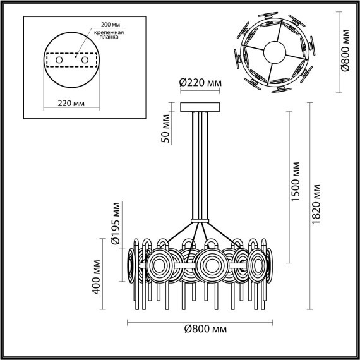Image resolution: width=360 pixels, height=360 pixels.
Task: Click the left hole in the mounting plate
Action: (59, 60)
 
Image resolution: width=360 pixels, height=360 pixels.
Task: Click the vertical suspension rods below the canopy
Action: (200, 164)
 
